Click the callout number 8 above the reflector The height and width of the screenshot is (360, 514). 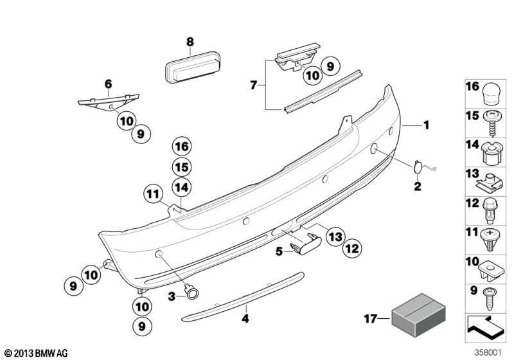tap(190, 42)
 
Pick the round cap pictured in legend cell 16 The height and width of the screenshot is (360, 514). tap(493, 93)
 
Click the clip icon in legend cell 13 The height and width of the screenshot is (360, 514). tap(493, 182)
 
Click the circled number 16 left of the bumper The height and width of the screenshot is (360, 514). tap(182, 147)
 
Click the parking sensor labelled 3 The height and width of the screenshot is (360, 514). tap(191, 293)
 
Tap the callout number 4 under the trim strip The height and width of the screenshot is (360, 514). tap(245, 318)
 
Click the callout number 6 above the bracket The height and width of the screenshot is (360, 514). tap(108, 83)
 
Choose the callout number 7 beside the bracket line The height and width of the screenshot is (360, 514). tap(253, 84)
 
